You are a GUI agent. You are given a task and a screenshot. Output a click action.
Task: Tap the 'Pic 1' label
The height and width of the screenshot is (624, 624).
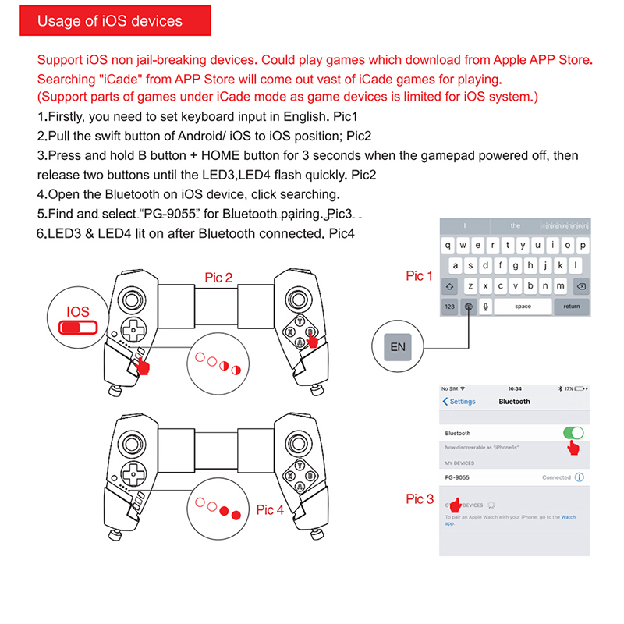tap(420, 276)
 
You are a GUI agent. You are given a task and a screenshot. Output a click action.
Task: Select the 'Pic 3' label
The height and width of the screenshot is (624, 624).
tap(420, 499)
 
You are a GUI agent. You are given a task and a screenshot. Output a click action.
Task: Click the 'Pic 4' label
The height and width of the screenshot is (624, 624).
tap(271, 510)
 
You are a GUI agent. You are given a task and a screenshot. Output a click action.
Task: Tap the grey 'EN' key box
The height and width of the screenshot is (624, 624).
tap(398, 346)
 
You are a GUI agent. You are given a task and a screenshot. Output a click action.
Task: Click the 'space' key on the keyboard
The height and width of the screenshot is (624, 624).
tap(523, 307)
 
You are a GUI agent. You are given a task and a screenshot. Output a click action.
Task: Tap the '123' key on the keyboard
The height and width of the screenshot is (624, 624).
tap(449, 307)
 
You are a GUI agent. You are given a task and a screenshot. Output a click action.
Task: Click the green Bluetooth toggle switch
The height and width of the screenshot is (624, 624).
tap(573, 433)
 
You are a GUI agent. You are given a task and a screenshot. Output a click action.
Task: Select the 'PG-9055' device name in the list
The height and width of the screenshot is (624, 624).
tap(459, 477)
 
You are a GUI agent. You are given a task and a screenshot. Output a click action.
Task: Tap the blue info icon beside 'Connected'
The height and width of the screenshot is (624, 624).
tap(580, 477)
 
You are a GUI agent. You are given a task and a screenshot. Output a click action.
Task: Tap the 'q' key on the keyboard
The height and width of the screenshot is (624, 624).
tap(448, 245)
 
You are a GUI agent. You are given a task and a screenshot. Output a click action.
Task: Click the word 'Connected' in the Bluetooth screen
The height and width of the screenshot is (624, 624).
tap(557, 477)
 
